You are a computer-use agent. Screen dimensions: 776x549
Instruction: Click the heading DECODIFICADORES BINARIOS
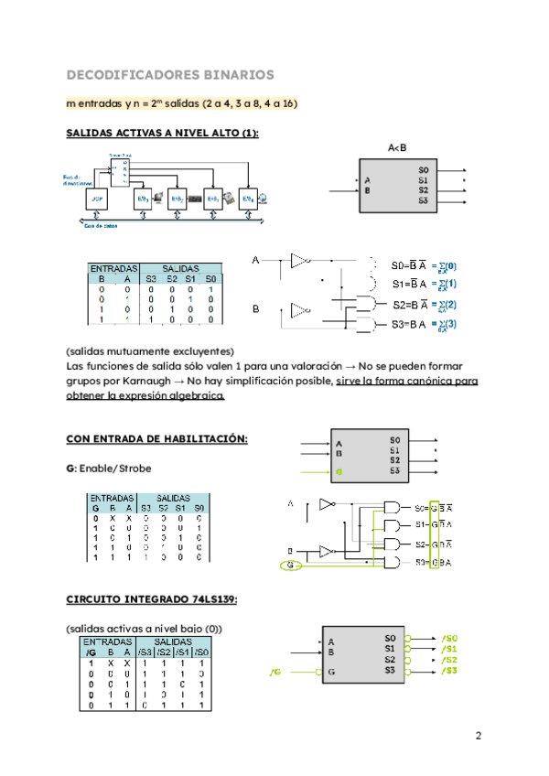pyautogui.click(x=170, y=73)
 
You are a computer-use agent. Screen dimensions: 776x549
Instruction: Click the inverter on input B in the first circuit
pyautogui.click(x=300, y=310)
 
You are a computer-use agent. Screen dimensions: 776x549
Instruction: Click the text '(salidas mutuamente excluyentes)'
pyautogui.click(x=151, y=351)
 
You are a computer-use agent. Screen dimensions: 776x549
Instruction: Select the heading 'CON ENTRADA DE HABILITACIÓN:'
pyautogui.click(x=157, y=438)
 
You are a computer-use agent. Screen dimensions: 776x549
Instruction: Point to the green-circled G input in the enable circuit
pyautogui.click(x=291, y=567)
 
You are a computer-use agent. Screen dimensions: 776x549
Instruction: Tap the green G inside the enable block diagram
pyautogui.click(x=339, y=472)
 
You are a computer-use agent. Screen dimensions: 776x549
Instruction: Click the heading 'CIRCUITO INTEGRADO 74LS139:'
pyautogui.click(x=153, y=599)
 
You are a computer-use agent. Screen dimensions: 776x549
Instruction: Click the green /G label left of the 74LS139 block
pyautogui.click(x=275, y=673)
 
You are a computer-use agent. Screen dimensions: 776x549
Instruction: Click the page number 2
pyautogui.click(x=478, y=736)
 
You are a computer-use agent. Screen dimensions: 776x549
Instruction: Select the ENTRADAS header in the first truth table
pyautogui.click(x=113, y=267)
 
